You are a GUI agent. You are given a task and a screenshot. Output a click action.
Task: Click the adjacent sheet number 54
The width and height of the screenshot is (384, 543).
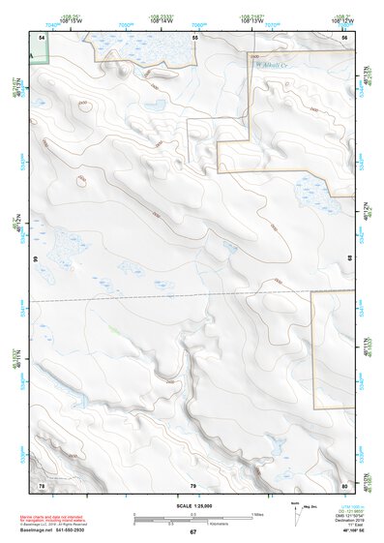point(42,36)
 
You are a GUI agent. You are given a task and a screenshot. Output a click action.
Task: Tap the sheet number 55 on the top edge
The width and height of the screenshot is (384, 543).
point(194,36)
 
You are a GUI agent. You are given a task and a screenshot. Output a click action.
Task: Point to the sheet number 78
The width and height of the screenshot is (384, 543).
point(42,484)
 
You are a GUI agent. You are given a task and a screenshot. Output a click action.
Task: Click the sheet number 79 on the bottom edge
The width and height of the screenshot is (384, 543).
point(193,484)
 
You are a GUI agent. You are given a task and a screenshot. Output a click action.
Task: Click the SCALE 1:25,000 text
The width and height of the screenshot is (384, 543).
point(193,504)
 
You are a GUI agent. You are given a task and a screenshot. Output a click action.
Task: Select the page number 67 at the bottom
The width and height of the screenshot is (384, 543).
point(193,532)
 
